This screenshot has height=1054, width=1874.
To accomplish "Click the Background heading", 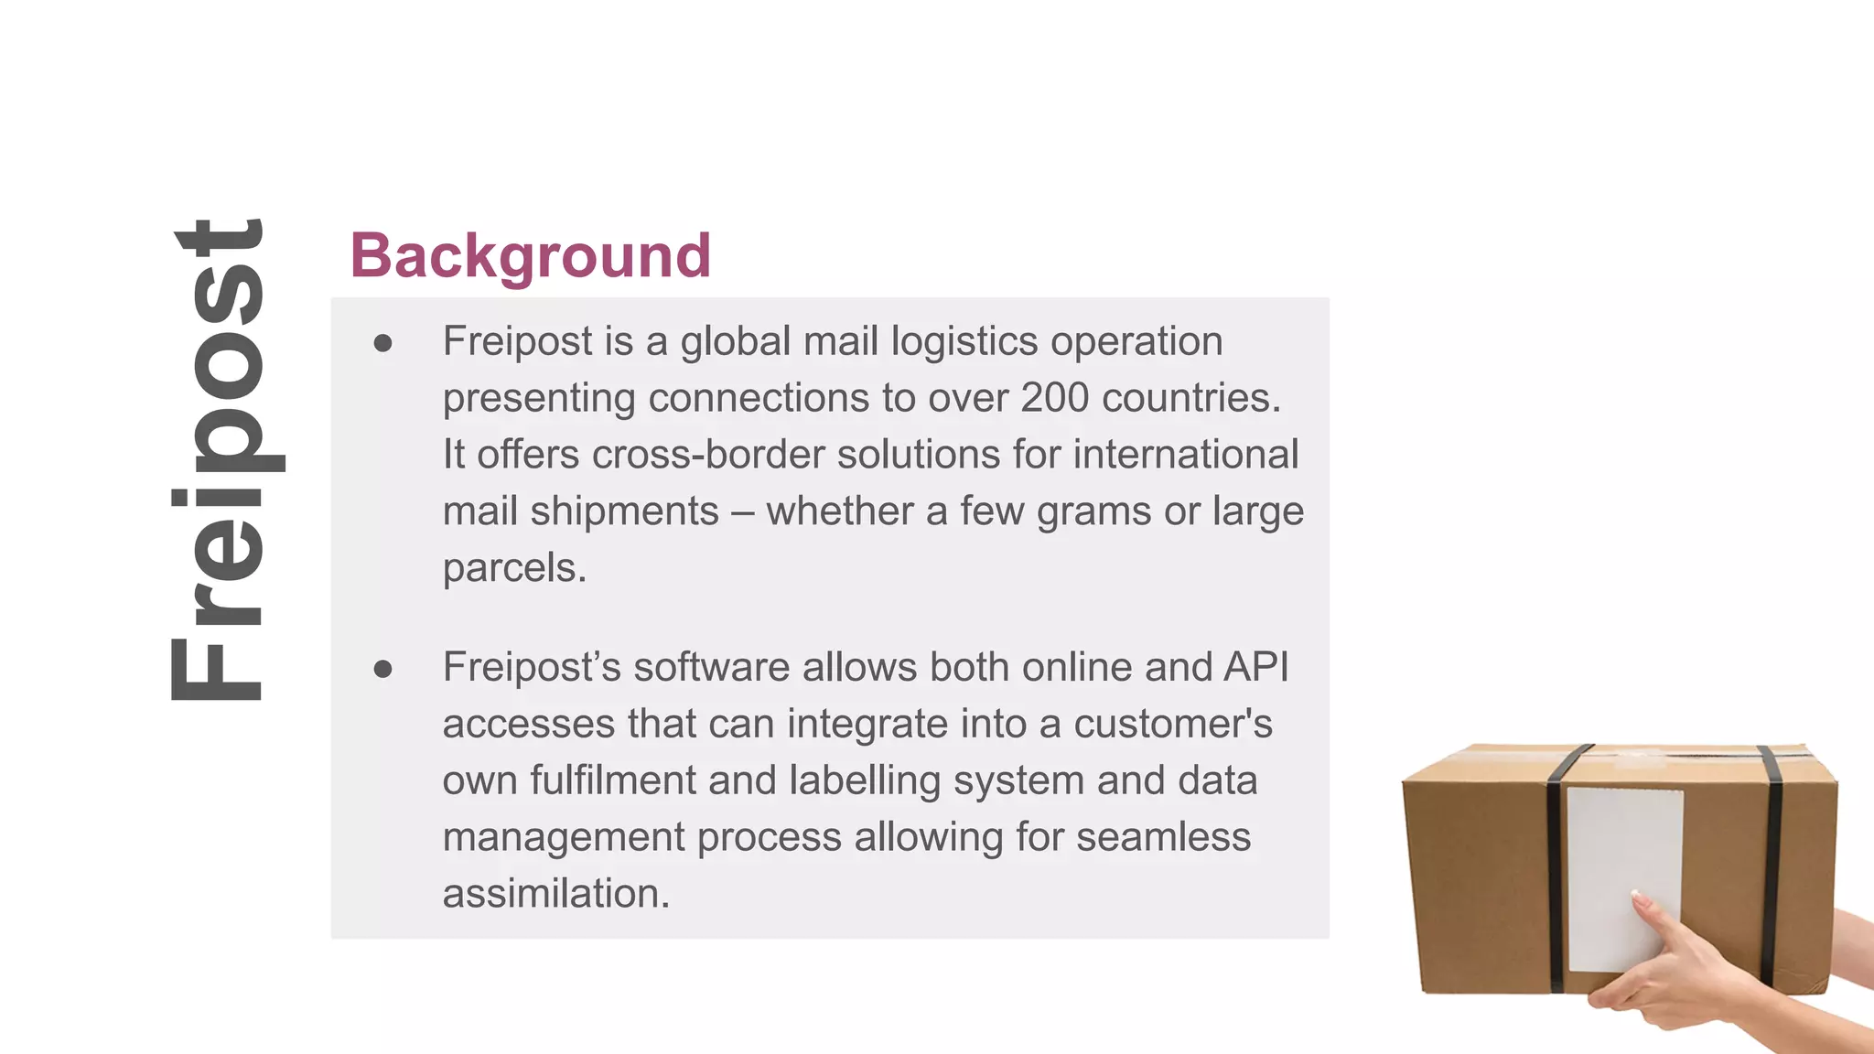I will (x=530, y=255).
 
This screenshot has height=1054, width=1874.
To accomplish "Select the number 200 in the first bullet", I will (x=1054, y=398).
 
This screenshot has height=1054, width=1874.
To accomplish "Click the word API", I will (x=1255, y=667).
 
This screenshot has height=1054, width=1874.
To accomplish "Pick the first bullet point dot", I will (x=382, y=343).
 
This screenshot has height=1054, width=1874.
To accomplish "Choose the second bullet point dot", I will (x=382, y=669).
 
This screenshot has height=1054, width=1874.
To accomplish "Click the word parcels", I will (x=514, y=568).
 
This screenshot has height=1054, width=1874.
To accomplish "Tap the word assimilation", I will (x=555, y=894).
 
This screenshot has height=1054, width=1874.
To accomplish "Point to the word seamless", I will (x=1163, y=837).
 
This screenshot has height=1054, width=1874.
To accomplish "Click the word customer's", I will (x=1172, y=724).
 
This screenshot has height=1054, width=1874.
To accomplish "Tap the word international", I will (x=1185, y=455).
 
